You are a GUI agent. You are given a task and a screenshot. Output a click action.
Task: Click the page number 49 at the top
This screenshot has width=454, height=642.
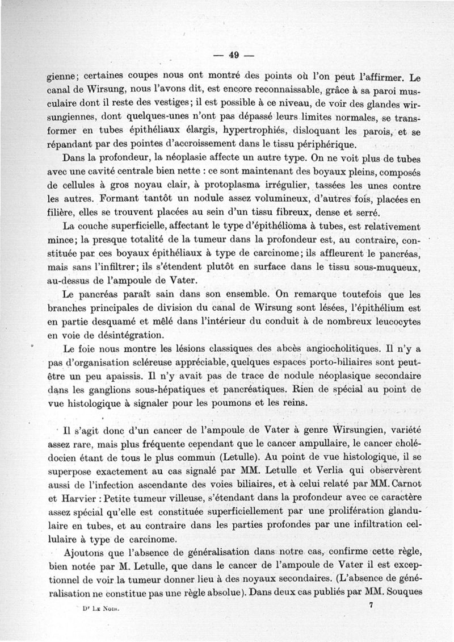click(232, 55)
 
